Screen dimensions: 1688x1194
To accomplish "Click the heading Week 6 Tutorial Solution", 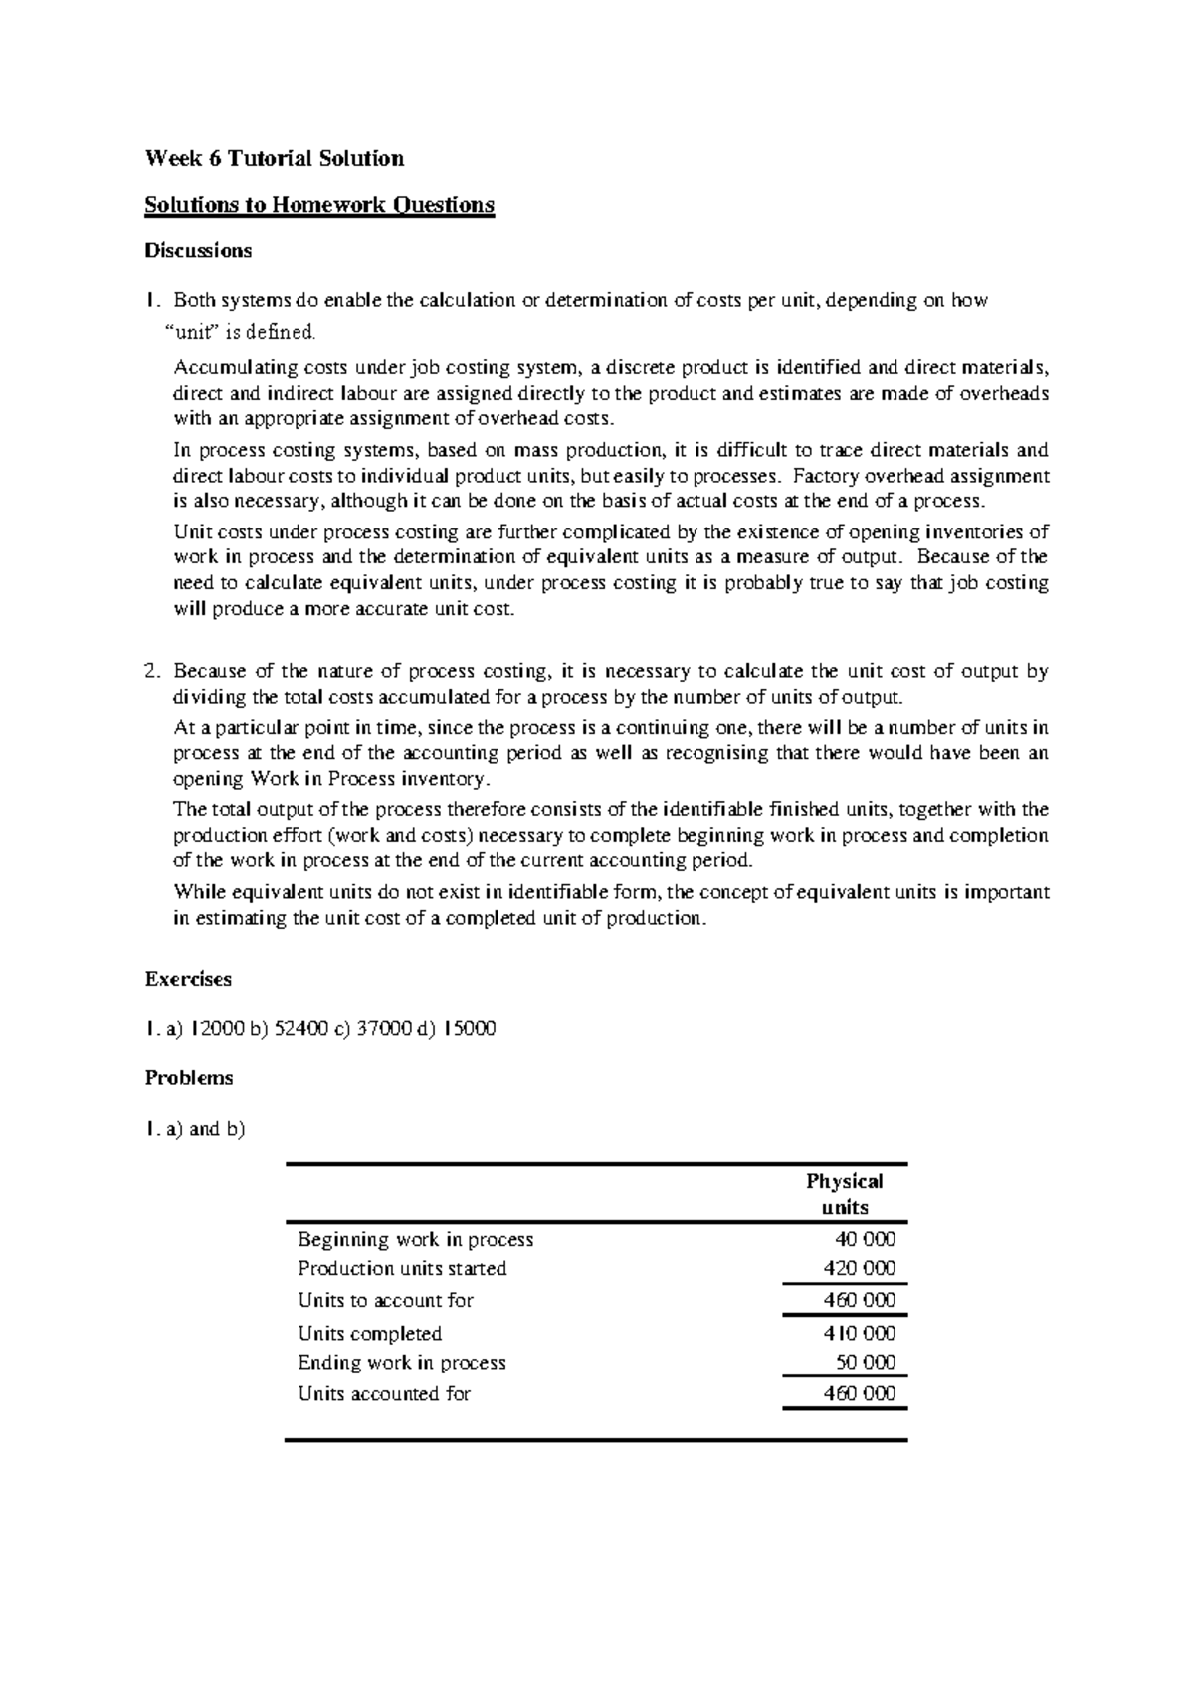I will [x=275, y=158].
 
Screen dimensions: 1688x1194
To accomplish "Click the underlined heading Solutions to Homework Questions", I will [x=319, y=205].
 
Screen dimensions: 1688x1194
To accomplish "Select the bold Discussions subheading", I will [x=198, y=251].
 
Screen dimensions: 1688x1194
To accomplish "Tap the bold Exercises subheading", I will [x=188, y=979].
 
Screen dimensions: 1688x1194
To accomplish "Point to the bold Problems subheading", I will [x=189, y=1078].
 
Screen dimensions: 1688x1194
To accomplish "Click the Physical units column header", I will [x=845, y=1194].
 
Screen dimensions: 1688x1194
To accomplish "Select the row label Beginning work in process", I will [x=416, y=1239].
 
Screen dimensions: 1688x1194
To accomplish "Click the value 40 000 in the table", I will [x=865, y=1239].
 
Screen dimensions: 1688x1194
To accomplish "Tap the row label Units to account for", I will [x=386, y=1300].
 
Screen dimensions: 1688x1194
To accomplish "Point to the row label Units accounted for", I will [x=384, y=1394].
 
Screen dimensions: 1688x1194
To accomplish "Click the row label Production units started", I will [x=402, y=1268].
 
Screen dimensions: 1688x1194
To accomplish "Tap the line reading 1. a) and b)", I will [x=195, y=1129].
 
